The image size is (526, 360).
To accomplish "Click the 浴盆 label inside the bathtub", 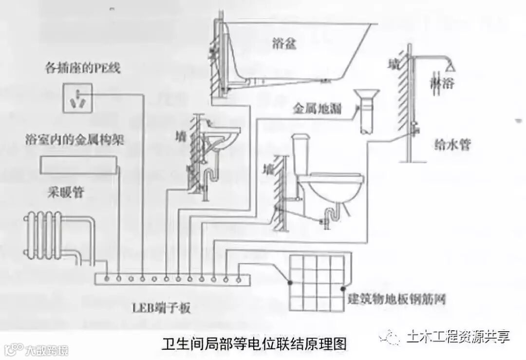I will (x=284, y=45).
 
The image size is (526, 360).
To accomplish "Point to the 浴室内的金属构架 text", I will (x=75, y=141).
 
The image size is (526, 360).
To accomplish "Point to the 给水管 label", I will (x=452, y=144).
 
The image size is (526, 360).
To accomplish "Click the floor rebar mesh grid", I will (x=317, y=283).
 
